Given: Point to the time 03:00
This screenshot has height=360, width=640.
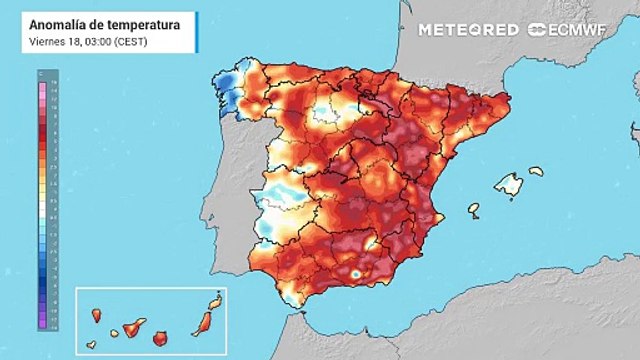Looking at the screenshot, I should (94, 40).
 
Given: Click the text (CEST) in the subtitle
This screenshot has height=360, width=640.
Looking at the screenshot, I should (133, 40).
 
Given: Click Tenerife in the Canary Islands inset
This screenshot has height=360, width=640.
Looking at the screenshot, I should (130, 327).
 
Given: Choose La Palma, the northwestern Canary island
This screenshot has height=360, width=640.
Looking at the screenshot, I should (96, 316).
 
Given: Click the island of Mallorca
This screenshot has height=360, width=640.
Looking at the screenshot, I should (509, 185).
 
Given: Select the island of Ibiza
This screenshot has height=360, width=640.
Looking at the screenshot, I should (474, 210).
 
